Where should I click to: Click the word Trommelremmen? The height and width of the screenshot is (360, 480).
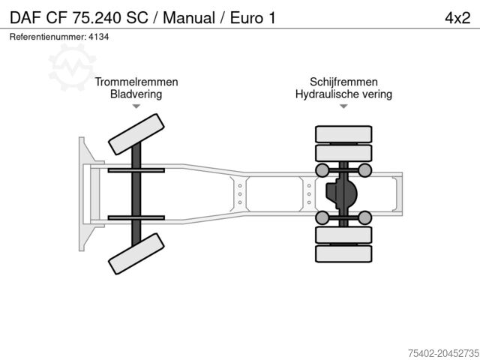pos(136,82)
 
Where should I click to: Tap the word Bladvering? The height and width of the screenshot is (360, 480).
pos(136,94)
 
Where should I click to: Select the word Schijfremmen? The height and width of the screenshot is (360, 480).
pos(343,82)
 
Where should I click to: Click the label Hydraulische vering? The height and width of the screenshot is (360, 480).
pos(343,94)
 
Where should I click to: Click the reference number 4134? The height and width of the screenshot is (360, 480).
pos(98,36)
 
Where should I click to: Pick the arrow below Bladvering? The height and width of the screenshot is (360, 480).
pos(136,106)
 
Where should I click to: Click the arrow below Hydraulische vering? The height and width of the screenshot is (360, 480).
pos(343,106)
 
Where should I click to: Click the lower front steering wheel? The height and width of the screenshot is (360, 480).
pos(136,253)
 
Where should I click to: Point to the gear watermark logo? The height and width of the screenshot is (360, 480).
pos(72,65)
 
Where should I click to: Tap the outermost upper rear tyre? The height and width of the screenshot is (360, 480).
pos(343,134)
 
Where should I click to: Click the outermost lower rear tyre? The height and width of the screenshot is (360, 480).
pos(343,254)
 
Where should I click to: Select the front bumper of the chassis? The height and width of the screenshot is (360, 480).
pos(82,193)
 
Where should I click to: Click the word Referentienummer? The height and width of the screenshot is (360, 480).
pos(46,36)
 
